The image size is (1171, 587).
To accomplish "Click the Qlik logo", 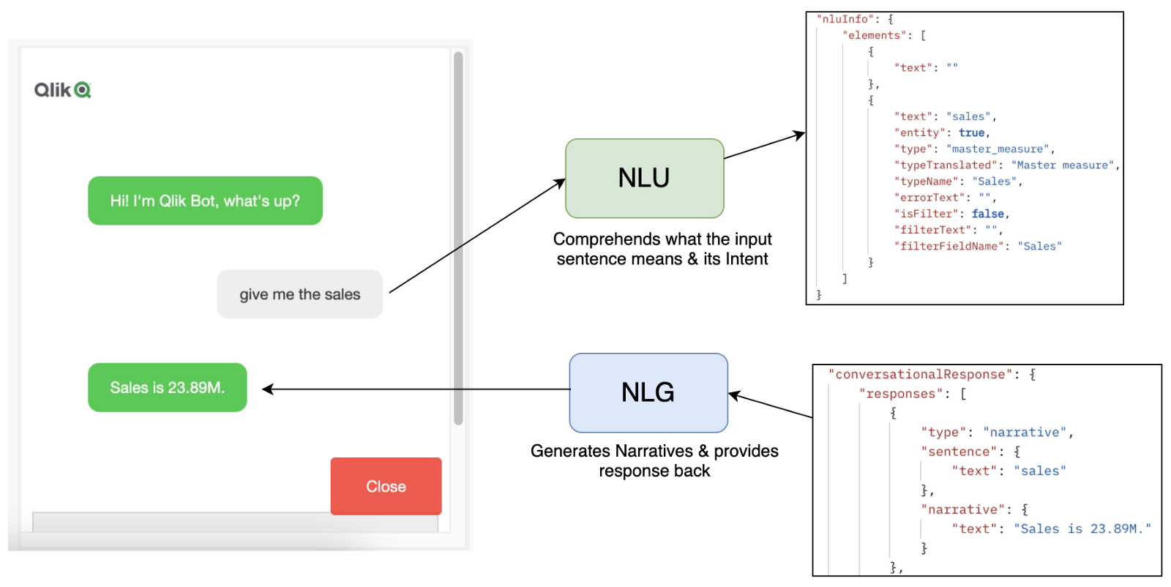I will click(x=62, y=90).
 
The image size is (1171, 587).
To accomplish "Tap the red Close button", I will click(x=386, y=487).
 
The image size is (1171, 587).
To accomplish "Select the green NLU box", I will click(x=644, y=178).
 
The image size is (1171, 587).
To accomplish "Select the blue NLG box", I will click(x=648, y=392).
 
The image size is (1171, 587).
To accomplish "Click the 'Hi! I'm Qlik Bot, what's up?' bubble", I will click(x=205, y=201).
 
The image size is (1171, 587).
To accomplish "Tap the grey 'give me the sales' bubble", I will click(x=299, y=294).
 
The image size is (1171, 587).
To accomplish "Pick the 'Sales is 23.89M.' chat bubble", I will click(x=167, y=387).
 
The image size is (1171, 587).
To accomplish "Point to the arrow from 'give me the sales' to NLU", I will click(x=476, y=236).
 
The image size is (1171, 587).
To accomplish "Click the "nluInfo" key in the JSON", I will click(x=845, y=19).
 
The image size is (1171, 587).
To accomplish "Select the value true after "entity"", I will click(x=971, y=132).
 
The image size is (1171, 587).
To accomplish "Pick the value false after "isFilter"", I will click(x=987, y=214).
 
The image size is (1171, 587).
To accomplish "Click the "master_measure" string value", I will click(x=999, y=149).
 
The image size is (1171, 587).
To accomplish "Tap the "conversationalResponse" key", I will click(x=920, y=374).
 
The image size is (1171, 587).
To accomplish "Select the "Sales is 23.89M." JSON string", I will click(x=1082, y=528).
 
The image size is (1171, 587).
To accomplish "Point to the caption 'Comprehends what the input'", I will click(x=662, y=239).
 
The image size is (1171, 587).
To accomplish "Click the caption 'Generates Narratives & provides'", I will click(x=654, y=451).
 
